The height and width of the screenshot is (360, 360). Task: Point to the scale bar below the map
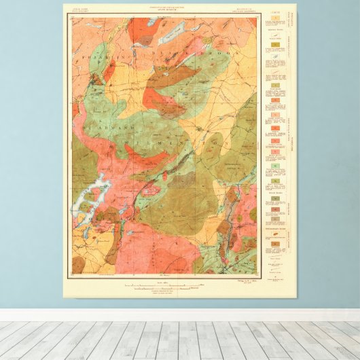coord(163,285)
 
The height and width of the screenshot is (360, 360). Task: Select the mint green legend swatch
coord(275,166)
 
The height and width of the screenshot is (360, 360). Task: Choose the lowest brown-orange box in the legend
coord(275,242)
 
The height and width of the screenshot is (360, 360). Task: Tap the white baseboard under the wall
coord(180,314)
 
